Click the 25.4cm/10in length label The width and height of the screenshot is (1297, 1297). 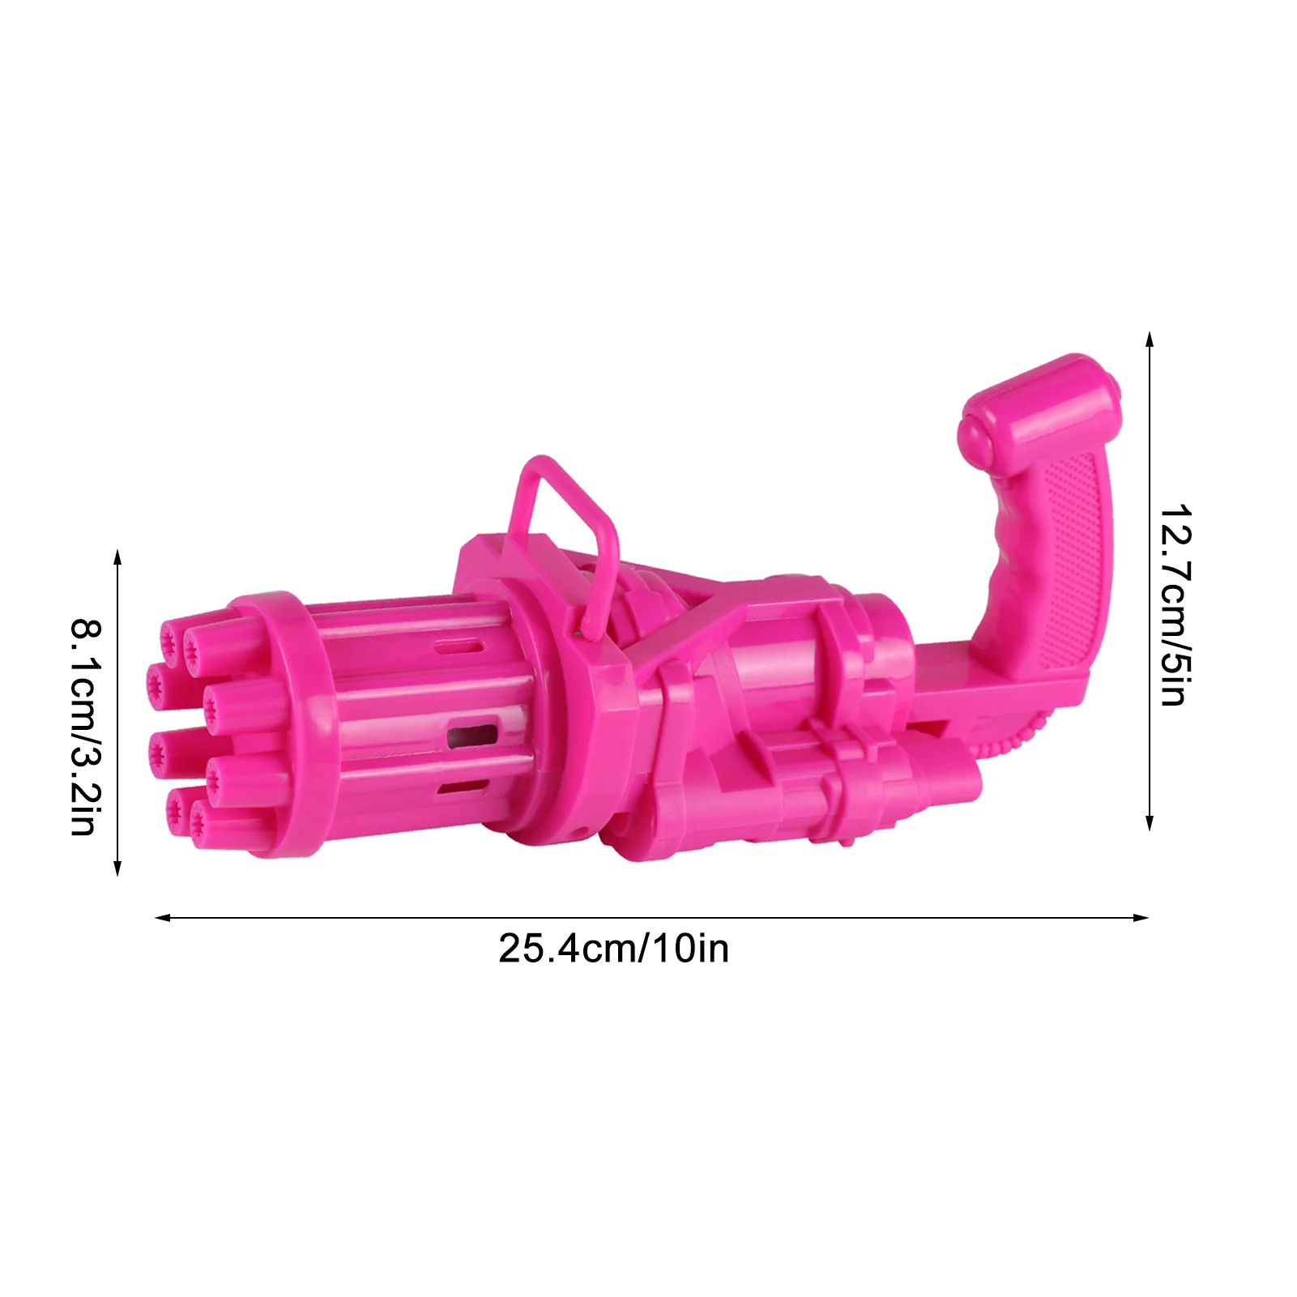click(x=613, y=949)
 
